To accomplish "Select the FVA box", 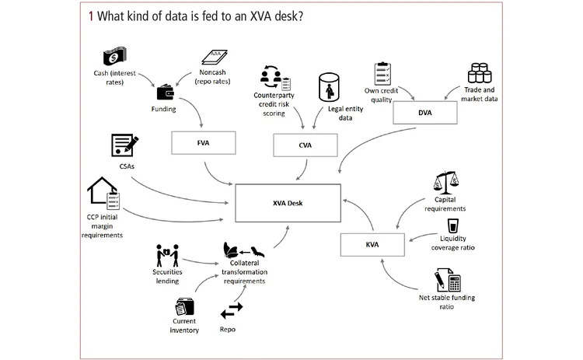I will [x=204, y=143].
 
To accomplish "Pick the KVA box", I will [x=372, y=245].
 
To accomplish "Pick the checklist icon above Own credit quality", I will [x=382, y=74].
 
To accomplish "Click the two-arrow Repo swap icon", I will [x=232, y=310].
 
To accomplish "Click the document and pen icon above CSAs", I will [x=125, y=145].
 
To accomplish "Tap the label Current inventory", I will [x=184, y=326].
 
